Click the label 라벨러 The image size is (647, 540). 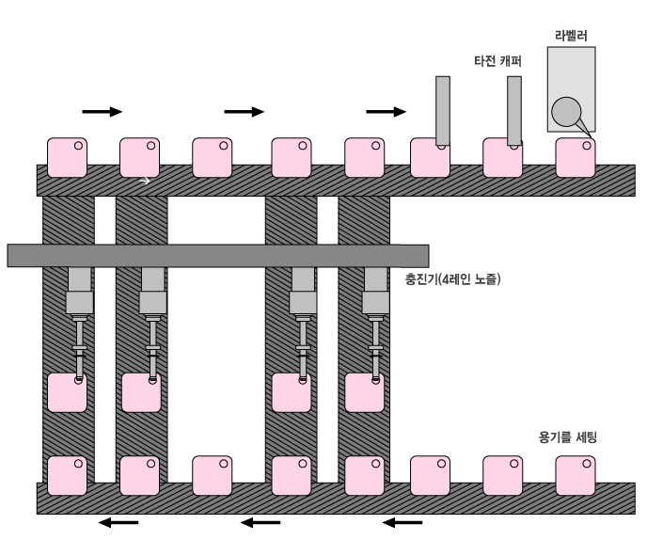573,37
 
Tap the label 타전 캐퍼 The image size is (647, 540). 497,62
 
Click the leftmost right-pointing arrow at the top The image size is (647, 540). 102,111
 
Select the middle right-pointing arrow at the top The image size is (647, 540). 244,111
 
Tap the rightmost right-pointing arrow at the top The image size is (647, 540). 386,111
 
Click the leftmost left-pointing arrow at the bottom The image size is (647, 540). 118,522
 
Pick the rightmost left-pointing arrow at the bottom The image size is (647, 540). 402,522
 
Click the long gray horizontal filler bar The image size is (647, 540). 217,254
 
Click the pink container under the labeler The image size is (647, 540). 576,157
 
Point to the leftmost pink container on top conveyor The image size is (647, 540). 67,157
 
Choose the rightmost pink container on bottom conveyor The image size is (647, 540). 576,475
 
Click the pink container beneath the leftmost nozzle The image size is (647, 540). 66,392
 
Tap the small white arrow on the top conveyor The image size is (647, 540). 145,181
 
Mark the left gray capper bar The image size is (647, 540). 443,111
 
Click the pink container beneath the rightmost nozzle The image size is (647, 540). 364,392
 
